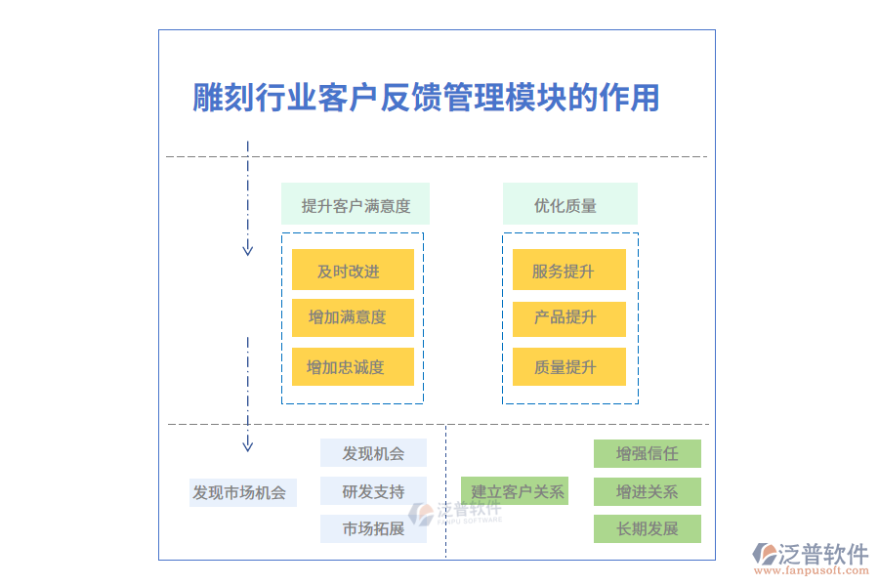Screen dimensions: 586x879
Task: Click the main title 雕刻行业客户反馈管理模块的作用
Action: [426, 98]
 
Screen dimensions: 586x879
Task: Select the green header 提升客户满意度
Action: [356, 205]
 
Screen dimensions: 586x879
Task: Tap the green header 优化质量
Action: [569, 205]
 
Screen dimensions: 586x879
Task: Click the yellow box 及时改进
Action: [353, 271]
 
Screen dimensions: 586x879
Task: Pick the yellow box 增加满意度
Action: [353, 317]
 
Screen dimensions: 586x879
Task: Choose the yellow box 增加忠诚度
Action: [353, 367]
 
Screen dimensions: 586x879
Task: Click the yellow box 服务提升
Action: [568, 271]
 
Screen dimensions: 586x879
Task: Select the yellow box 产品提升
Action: [568, 317]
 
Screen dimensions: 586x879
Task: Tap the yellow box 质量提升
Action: [568, 367]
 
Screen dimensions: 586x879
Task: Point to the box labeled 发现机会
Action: [373, 453]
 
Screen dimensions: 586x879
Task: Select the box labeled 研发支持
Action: [373, 491]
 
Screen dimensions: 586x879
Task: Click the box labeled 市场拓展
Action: [373, 529]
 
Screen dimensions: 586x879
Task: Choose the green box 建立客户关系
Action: [515, 491]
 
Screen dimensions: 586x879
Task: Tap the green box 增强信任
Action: [647, 454]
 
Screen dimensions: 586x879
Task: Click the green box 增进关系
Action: [647, 491]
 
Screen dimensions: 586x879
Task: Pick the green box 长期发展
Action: [647, 529]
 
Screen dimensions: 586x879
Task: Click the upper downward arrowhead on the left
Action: [248, 249]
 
